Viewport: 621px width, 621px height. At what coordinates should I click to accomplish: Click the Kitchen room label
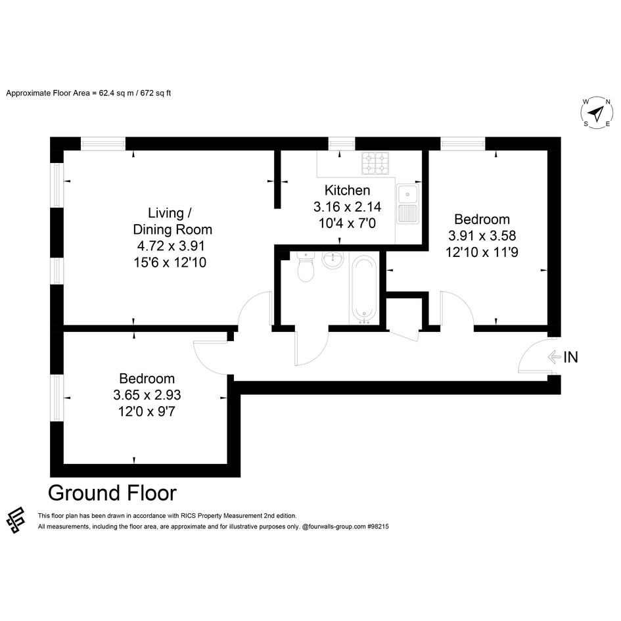coord(347,191)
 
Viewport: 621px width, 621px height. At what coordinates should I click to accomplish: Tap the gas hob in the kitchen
coord(375,163)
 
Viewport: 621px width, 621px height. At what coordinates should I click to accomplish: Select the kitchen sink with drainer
coord(407,204)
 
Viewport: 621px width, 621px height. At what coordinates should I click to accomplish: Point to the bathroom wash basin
coord(333,260)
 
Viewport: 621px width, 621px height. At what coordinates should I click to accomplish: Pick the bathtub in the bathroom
coord(364,288)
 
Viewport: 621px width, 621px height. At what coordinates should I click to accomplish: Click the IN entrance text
coord(570,357)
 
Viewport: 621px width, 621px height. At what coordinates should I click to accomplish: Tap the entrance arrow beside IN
coord(554,357)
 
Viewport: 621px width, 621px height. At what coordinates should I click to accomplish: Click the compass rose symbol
coord(597,113)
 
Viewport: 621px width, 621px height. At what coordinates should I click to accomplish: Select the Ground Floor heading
coord(112,493)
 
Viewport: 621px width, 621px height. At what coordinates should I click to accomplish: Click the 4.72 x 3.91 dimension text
coord(171,246)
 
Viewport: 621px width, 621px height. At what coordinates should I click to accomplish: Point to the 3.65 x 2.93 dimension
coord(147,395)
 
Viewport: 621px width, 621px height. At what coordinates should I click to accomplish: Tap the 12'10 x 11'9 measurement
coord(482,252)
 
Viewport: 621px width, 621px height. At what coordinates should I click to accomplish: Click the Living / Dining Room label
coord(172,221)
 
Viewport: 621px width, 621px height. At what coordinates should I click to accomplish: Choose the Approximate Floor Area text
coord(88,93)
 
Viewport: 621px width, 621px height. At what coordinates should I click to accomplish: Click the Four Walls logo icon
coord(16,520)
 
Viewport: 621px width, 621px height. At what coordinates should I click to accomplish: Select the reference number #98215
coord(378,527)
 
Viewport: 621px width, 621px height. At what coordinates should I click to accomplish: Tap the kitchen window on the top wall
coord(342,143)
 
